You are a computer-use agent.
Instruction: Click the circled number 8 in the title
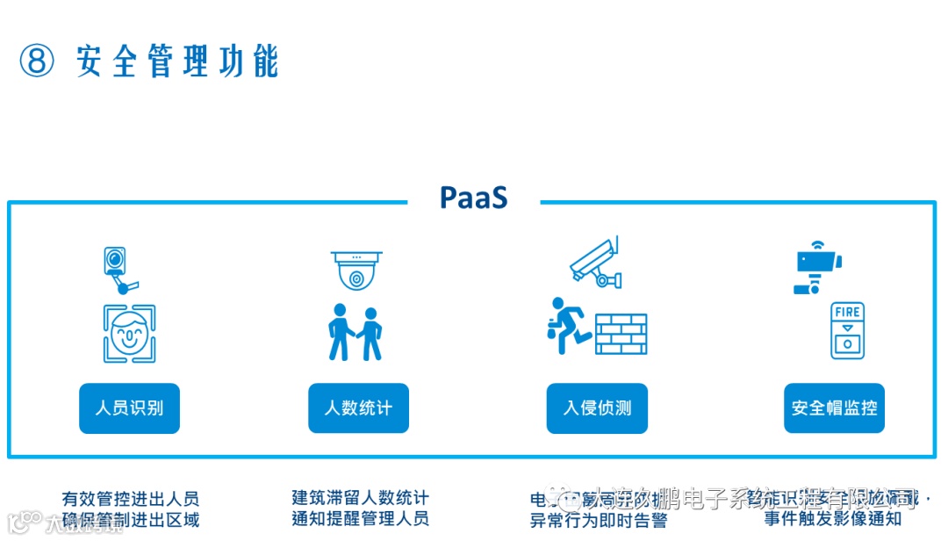pos(37,61)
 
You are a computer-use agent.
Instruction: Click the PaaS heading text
pos(473,198)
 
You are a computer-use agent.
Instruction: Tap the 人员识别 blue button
pos(129,408)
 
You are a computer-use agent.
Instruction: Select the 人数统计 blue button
pos(358,408)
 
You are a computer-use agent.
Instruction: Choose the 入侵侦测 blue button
pos(597,408)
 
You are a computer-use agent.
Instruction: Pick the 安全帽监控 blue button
pos(834,408)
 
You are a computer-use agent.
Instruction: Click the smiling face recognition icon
pos(129,334)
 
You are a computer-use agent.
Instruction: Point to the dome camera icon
pos(356,270)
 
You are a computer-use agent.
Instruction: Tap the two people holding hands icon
pos(355,333)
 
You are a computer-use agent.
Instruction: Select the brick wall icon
pos(621,334)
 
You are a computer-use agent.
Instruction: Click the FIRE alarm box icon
pos(847,330)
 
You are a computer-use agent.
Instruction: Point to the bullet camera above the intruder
pos(596,261)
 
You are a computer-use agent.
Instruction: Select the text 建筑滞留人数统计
pos(360,498)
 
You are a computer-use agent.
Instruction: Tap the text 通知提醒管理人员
pos(360,518)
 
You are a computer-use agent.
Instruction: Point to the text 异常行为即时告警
pos(598,520)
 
